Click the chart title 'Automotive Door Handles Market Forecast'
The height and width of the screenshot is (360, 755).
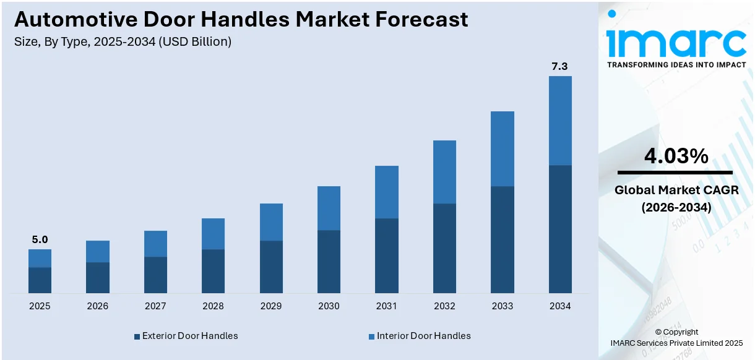click(x=241, y=20)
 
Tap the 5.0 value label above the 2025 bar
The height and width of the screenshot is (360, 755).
click(x=40, y=239)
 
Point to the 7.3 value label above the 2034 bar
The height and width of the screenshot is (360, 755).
click(x=559, y=66)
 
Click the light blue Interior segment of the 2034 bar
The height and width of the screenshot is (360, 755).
click(x=559, y=121)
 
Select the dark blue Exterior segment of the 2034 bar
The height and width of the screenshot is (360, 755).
click(x=559, y=229)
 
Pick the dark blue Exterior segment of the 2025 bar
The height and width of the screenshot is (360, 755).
click(x=40, y=280)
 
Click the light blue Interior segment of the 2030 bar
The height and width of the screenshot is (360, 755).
click(x=329, y=208)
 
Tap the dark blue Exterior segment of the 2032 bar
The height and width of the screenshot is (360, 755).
click(x=444, y=248)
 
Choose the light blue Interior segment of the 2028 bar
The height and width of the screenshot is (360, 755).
click(x=213, y=234)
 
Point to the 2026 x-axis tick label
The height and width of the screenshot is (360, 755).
click(x=97, y=306)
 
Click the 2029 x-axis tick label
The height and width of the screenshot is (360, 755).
click(x=271, y=306)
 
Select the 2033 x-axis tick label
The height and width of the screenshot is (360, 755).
click(x=502, y=306)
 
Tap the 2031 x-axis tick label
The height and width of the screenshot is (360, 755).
click(x=386, y=306)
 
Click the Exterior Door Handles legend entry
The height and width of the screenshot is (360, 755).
click(x=186, y=336)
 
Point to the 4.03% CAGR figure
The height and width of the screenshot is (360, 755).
click(x=676, y=156)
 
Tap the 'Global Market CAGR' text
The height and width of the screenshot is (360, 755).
click(x=676, y=190)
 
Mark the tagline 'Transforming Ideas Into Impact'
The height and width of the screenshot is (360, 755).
click(x=676, y=64)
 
